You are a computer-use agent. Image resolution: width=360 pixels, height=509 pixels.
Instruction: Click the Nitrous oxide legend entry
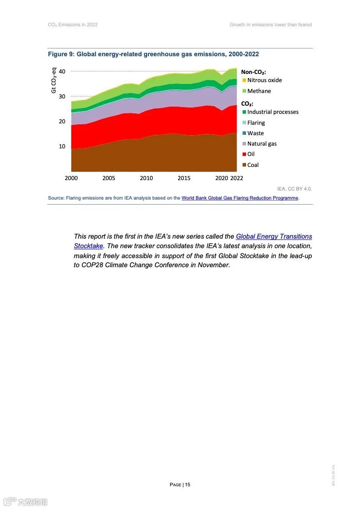pyautogui.click(x=264, y=80)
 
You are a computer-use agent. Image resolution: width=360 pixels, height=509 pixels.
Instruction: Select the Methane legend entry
pyautogui.click(x=259, y=91)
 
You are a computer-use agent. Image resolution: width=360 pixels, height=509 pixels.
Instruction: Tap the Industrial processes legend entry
pyautogui.click(x=272, y=112)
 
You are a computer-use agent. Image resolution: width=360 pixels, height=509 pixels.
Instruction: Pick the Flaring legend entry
pyautogui.click(x=256, y=123)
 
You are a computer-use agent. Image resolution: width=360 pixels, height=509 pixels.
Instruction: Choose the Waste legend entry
pyautogui.click(x=255, y=133)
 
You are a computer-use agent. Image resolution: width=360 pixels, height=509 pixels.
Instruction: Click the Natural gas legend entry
pyautogui.click(x=261, y=144)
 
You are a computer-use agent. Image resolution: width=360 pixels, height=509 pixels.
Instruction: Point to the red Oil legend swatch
pyautogui.click(x=244, y=154)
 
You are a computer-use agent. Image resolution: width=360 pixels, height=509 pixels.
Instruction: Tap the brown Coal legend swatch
pyautogui.click(x=244, y=165)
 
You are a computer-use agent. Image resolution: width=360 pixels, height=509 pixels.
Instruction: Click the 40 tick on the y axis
pyautogui.click(x=62, y=72)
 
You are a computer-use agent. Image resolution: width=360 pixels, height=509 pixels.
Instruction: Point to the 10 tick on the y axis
pyautogui.click(x=62, y=147)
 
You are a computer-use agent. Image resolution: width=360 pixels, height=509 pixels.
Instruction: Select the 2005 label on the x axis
pyautogui.click(x=108, y=178)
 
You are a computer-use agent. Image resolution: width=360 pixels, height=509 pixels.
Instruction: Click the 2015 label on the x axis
pyautogui.click(x=184, y=178)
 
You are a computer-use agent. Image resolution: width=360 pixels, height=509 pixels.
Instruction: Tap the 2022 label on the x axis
pyautogui.click(x=237, y=178)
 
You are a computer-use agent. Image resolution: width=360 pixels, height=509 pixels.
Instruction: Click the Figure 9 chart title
pyautogui.click(x=153, y=54)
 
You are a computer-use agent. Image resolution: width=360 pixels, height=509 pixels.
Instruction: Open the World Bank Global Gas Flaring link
pyautogui.click(x=240, y=198)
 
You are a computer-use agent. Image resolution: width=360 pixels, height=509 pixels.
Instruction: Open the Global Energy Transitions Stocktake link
pyautogui.click(x=274, y=236)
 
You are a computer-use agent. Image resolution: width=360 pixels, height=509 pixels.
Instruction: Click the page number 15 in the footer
pyautogui.click(x=187, y=485)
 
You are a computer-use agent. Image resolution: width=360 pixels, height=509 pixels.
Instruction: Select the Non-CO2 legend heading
pyautogui.click(x=253, y=72)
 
